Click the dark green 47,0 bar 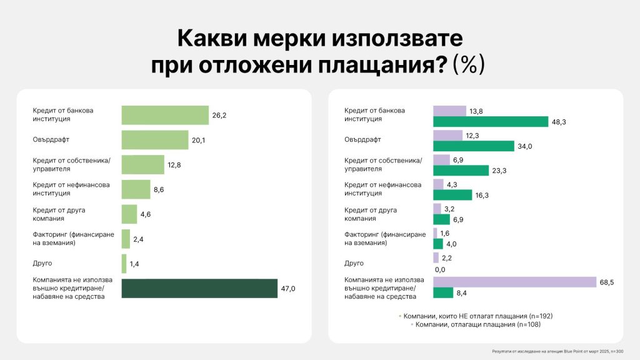click(x=199, y=289)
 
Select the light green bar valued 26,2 click(x=164, y=115)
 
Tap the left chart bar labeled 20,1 click(x=154, y=140)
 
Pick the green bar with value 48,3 click(x=491, y=121)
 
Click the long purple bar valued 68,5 click(x=514, y=282)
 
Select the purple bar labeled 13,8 click(x=449, y=111)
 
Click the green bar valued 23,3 click(x=461, y=171)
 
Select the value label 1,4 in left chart click(x=134, y=264)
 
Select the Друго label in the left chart click(x=42, y=264)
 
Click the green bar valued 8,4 click(x=443, y=292)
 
